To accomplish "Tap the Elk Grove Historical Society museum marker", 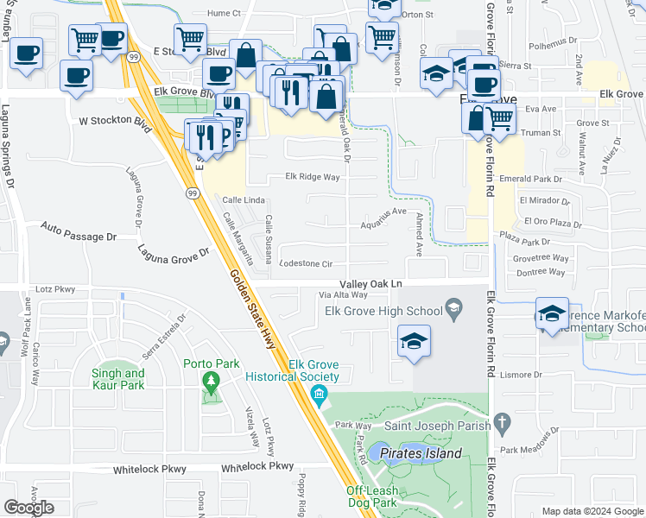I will (x=317, y=397).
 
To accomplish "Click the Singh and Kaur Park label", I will (x=117, y=379).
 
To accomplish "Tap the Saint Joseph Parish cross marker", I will (x=503, y=423).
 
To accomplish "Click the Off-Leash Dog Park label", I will (x=383, y=496).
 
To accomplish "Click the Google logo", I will (x=28, y=507).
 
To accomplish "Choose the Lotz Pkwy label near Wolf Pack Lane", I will (x=54, y=291).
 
